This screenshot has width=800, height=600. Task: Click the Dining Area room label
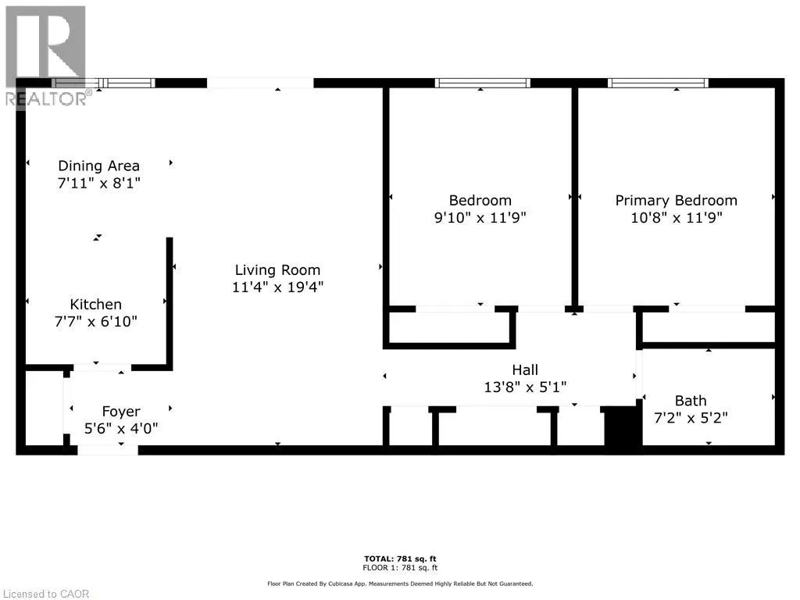98,166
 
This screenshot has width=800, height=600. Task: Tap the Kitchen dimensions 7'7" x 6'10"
96,321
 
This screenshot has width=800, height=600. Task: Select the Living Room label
277,270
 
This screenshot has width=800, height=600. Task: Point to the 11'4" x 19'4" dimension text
277,287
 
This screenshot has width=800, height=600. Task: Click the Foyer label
121,411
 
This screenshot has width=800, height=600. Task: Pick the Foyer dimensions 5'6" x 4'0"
121,429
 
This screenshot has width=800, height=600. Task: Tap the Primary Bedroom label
676,201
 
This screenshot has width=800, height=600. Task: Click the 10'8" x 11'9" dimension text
676,218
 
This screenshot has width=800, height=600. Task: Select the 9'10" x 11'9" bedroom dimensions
480,218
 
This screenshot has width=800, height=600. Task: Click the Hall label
525,370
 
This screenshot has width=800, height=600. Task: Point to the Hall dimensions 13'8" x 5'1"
525,387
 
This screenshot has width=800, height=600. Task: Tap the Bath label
691,401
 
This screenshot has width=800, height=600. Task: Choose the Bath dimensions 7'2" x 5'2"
691,418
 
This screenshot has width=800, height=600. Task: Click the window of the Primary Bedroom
658,83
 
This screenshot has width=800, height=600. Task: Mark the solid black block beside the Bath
623,426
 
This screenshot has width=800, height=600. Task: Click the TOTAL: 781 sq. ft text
400,559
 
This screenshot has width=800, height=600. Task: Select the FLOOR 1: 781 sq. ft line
400,567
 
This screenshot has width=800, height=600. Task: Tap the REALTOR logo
47,56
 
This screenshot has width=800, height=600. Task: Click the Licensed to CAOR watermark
46,594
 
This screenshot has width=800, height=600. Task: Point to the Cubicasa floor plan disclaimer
400,584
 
